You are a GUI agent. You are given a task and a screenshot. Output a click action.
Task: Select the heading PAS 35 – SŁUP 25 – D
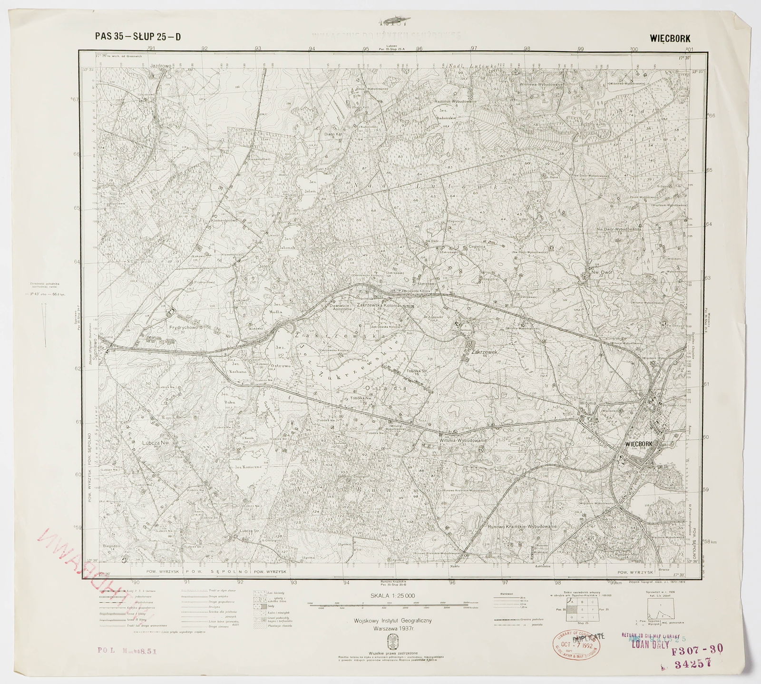tap(138, 37)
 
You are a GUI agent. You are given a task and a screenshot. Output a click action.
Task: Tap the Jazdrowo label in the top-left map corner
tap(160, 75)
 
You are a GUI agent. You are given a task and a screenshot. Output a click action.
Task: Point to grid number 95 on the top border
tap(366, 49)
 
